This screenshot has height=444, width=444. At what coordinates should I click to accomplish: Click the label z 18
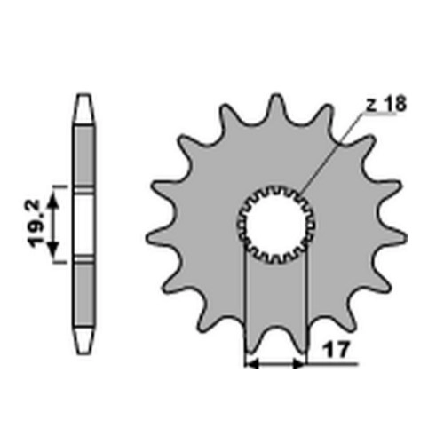[x=386, y=104]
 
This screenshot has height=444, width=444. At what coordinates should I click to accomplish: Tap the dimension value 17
[x=336, y=351]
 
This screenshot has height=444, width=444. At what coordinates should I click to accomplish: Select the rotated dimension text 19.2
[x=35, y=224]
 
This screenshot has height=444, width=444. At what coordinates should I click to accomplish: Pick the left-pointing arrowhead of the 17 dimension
[x=252, y=365]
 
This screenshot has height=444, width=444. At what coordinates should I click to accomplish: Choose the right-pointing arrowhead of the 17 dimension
[x=298, y=365]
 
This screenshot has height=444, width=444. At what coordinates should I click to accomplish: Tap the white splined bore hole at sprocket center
[x=276, y=225]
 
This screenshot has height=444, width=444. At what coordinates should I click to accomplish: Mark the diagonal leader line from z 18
[x=332, y=152]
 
